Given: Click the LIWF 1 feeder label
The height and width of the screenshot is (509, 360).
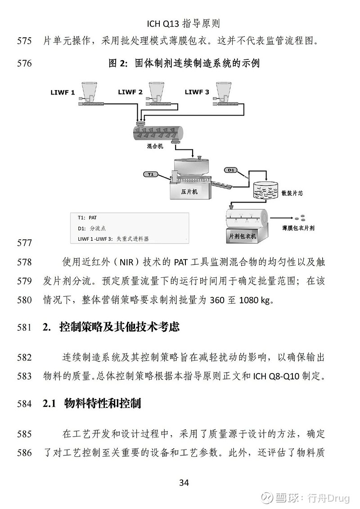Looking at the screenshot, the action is (x=63, y=93).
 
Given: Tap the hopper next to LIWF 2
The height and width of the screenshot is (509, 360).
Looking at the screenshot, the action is (x=158, y=90).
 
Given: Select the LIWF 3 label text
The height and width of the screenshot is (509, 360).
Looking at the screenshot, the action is (x=197, y=92).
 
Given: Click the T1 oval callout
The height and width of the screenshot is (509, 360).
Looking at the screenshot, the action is (x=150, y=174).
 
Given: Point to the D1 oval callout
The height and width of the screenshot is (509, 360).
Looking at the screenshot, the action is (x=231, y=170).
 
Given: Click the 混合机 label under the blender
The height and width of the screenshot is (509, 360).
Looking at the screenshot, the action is (x=155, y=146).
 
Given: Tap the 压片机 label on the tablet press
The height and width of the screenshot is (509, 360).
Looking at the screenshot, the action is (x=189, y=192).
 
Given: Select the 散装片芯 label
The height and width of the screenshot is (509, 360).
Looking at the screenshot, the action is (x=292, y=193).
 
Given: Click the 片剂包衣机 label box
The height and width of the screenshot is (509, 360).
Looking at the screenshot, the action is (x=243, y=236).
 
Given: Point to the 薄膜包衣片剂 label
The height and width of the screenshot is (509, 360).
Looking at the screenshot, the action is (x=298, y=228).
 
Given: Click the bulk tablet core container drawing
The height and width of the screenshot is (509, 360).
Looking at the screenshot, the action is (x=265, y=189).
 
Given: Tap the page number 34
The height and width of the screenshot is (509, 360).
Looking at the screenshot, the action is (x=184, y=483).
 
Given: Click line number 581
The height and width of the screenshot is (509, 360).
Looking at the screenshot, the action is (x=24, y=327).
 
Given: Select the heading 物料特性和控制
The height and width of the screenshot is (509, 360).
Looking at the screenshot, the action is (x=103, y=404).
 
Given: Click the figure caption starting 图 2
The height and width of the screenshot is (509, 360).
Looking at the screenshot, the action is (x=184, y=63).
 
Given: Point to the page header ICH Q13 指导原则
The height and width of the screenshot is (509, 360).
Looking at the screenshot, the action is (x=184, y=23).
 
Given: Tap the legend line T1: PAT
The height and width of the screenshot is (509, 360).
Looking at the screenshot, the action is (x=87, y=217).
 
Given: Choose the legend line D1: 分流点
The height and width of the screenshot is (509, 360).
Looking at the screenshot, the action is (x=91, y=228).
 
